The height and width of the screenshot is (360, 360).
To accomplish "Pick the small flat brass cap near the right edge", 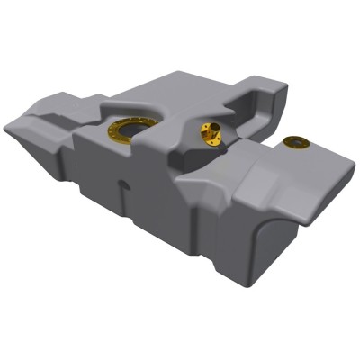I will [x=293, y=141].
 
